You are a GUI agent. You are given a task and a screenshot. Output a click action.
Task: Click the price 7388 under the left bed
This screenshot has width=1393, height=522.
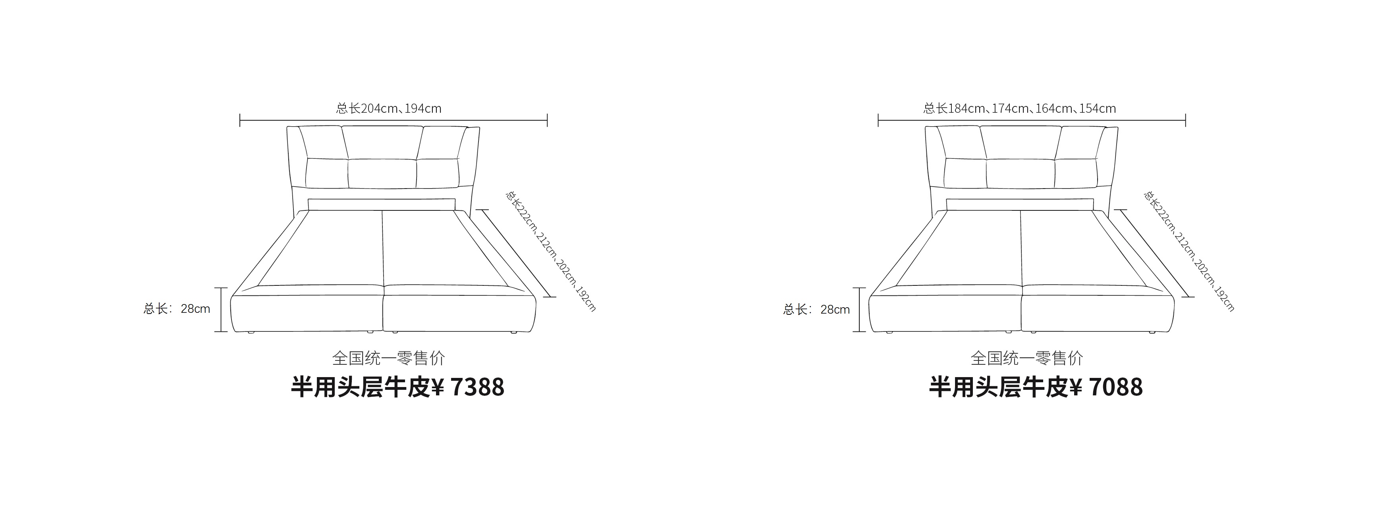[x=477, y=387]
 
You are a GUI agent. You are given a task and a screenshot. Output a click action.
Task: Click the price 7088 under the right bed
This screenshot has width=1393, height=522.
[x=1116, y=387]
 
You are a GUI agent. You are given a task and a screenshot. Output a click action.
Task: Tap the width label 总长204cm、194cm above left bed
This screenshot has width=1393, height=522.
[x=389, y=108]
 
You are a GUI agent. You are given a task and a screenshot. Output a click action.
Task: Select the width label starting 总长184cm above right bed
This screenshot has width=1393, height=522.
[x=1020, y=108]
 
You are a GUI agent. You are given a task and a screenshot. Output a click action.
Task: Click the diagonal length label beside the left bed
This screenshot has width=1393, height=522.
[x=550, y=250]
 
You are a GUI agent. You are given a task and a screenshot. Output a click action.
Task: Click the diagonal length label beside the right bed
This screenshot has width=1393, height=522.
[x=1189, y=250]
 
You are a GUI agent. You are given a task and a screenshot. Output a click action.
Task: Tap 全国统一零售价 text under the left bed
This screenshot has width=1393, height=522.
[x=389, y=358]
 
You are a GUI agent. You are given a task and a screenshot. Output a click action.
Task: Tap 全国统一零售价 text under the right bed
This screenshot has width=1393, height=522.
[x=1027, y=358]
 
